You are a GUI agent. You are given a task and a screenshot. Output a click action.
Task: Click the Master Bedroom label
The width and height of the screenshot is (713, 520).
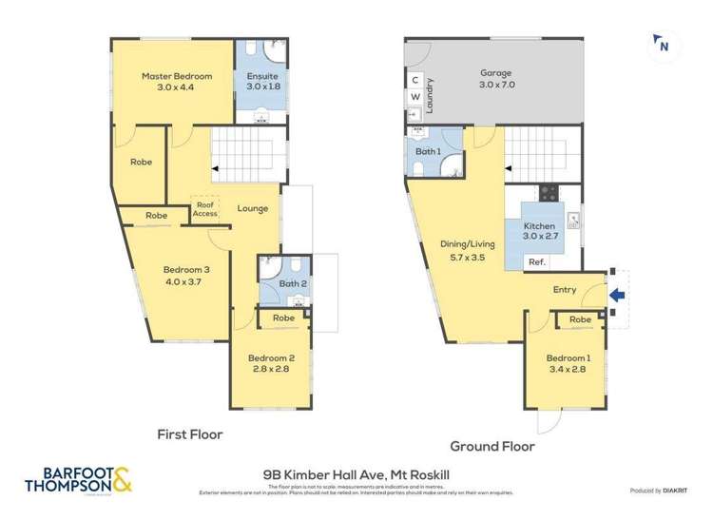tap(176, 76)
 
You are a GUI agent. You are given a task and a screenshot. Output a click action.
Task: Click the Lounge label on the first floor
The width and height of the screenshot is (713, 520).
tap(252, 209)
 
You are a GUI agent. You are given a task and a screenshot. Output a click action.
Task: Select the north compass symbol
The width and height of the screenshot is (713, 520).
tap(663, 44)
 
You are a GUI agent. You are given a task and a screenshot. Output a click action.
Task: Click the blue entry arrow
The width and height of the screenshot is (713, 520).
tap(616, 296)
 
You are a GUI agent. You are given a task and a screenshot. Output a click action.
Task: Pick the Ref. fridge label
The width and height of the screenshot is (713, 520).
tap(536, 262)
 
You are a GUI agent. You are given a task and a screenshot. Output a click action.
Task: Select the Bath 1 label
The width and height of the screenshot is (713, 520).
tap(428, 152)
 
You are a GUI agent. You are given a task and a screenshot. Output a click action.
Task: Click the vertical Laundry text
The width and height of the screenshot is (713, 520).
tap(431, 95)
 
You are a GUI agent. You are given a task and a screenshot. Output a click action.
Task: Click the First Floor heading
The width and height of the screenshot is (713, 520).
tap(189, 434)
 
